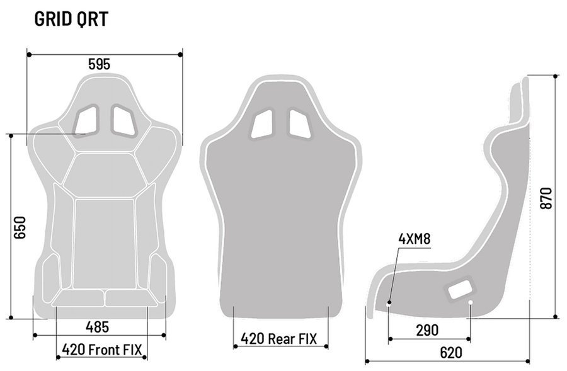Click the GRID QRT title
coord(71,19)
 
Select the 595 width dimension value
coord(99,64)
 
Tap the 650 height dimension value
coord(20,227)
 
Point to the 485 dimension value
coord(97,327)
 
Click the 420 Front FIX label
coord(102,350)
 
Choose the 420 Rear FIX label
coord(279,339)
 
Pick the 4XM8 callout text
coord(415,239)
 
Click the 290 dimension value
coord(427,330)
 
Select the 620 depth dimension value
coord(451,353)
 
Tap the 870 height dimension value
coord(546,198)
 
